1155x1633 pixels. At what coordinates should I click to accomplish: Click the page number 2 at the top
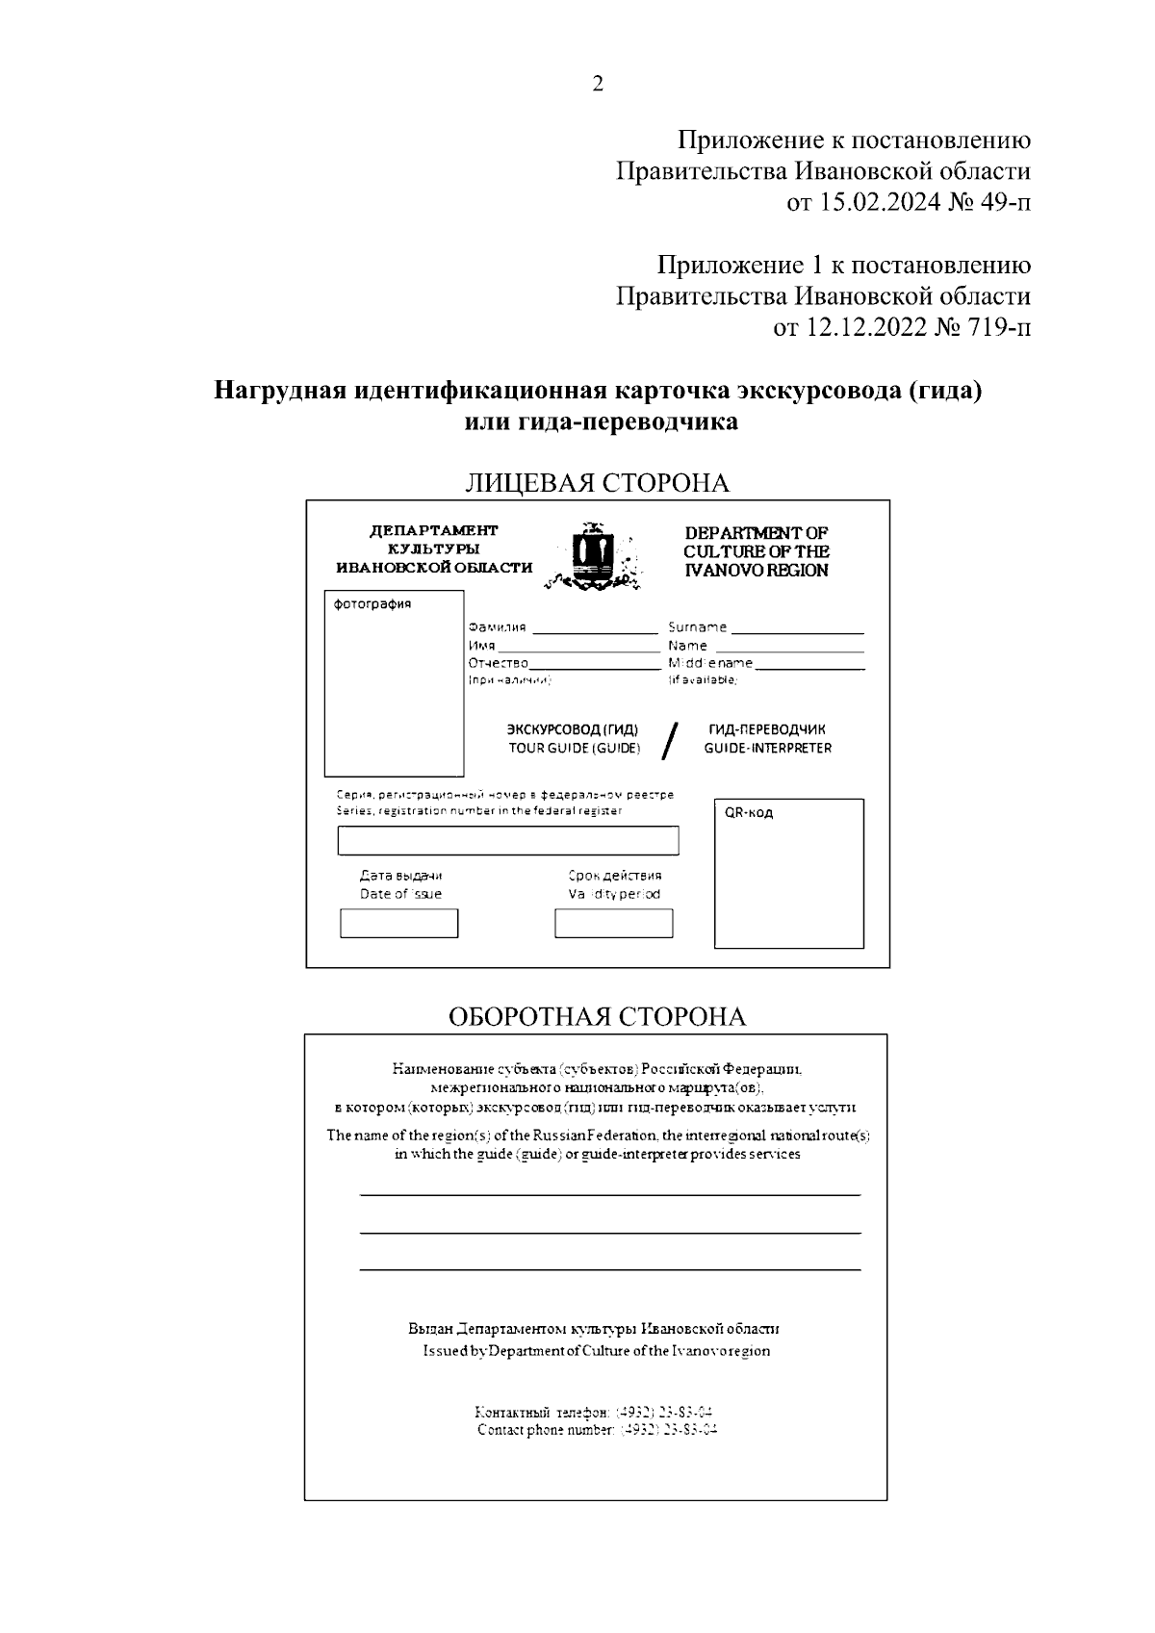tap(598, 85)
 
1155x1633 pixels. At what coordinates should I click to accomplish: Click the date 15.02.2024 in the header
tap(879, 203)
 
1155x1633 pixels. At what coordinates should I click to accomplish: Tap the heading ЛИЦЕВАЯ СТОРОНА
tap(597, 483)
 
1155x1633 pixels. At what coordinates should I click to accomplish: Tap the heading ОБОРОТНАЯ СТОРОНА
tap(597, 1017)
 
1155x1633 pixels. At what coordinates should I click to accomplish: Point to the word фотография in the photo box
tap(372, 604)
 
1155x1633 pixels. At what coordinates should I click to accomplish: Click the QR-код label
tap(749, 812)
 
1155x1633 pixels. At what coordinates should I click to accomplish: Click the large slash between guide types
tap(671, 740)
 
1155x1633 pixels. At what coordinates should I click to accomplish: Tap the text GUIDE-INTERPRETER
tap(767, 748)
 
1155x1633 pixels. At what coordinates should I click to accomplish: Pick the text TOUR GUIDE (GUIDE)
tap(574, 749)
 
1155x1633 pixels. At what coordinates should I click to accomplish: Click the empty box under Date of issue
tap(399, 924)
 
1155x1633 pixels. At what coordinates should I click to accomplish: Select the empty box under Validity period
tap(613, 924)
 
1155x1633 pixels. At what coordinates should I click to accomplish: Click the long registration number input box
tap(507, 840)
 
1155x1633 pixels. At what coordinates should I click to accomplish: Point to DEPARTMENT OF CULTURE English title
tap(756, 551)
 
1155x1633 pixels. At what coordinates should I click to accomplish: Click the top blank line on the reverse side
tap(609, 1194)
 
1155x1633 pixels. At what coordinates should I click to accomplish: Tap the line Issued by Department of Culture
tap(596, 1350)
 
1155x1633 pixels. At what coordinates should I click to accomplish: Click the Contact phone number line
tap(597, 1430)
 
